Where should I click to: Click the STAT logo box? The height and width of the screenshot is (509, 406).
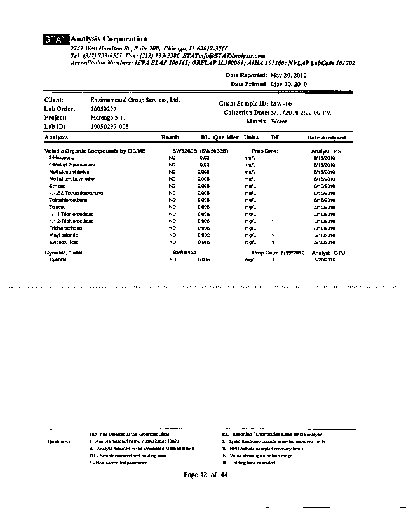[x=56, y=40]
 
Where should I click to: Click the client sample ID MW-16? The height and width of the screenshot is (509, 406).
[x=282, y=103]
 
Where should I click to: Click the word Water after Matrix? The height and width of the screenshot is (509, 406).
[x=279, y=120]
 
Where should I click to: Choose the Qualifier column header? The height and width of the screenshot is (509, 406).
[x=226, y=137]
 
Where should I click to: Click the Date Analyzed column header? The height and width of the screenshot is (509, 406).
[x=327, y=137]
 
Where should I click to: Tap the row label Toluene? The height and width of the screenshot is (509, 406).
[x=58, y=207]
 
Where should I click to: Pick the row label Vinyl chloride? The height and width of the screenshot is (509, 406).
[x=64, y=235]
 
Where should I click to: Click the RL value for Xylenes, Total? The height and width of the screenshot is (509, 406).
[x=203, y=242]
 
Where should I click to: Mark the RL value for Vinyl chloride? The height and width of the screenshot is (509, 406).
[x=203, y=235]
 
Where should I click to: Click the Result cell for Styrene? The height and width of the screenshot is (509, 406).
[x=172, y=186]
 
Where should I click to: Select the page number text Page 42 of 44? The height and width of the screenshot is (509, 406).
[x=205, y=475]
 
